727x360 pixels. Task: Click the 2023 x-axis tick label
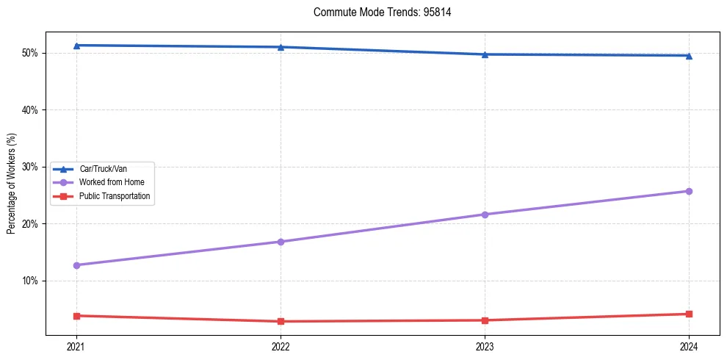(485, 347)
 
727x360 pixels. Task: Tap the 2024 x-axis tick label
(689, 347)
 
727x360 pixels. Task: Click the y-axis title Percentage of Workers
(12, 184)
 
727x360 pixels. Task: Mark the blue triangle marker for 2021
(76, 46)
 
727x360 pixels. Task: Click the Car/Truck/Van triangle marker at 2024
(689, 56)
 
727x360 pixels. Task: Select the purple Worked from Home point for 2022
(281, 242)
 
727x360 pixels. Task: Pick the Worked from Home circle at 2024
(689, 191)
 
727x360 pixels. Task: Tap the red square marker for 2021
(76, 316)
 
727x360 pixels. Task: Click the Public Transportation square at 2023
(485, 320)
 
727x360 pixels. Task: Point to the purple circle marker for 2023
(485, 215)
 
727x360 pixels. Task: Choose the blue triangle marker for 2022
(281, 47)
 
